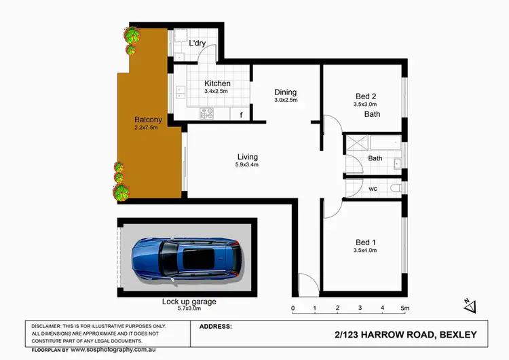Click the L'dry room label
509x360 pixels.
pos(197,43)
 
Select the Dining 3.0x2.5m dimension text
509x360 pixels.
pos(286,101)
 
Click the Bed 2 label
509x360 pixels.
pos(367,96)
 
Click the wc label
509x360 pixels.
pos(373,189)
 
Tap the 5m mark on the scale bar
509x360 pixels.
pos(404,308)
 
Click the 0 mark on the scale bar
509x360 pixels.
pos(293,308)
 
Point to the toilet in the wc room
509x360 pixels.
pos(396,189)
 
